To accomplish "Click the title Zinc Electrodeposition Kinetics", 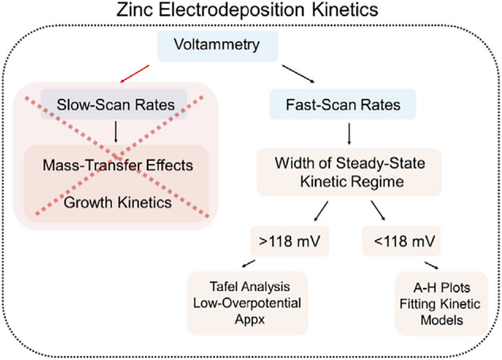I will pos(250,14).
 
